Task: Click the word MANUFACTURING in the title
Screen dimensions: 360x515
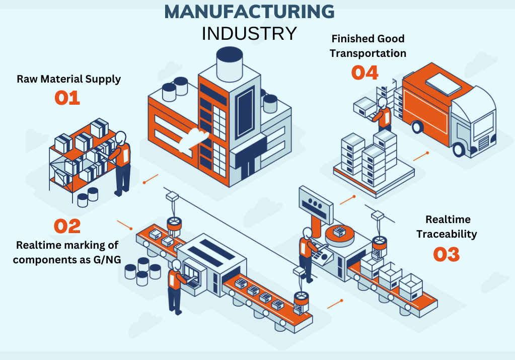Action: point(249,12)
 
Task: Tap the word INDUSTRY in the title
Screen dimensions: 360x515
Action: point(249,34)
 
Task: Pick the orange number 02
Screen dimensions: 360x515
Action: point(67,227)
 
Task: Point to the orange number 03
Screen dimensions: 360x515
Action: point(446,254)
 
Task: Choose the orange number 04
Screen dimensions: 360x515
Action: point(364,73)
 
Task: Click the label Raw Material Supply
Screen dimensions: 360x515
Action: point(69,79)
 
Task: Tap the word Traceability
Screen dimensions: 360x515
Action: point(447,234)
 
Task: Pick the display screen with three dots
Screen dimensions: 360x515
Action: point(316,200)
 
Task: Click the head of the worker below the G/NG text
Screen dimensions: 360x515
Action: point(176,265)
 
